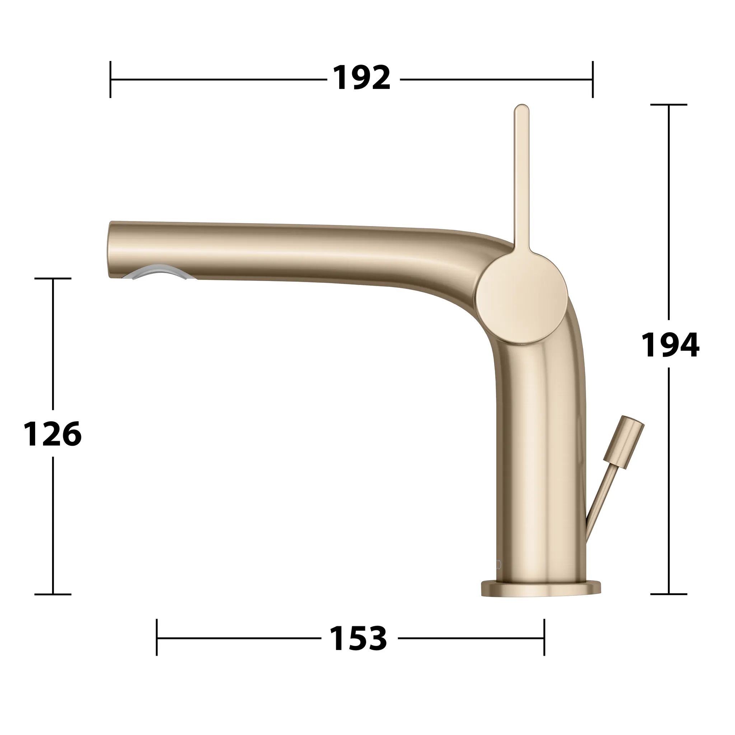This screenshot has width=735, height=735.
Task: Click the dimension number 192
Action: pos(362,78)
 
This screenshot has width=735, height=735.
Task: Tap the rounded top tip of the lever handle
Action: pos(521,109)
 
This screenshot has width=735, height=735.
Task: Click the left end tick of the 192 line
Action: pos(110,79)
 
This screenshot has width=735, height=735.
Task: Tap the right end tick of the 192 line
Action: pos(592,79)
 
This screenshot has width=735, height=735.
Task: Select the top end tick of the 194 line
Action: pos(669,104)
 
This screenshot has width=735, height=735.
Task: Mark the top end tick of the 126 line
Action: pos(53,278)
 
